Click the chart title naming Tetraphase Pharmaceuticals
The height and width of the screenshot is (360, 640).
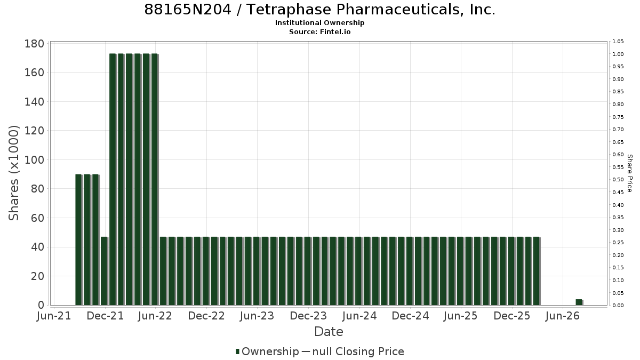click(x=319, y=10)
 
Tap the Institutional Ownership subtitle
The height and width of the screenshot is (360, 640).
click(x=319, y=23)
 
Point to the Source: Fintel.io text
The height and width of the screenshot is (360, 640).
click(x=319, y=31)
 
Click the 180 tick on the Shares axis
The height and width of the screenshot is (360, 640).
click(x=34, y=44)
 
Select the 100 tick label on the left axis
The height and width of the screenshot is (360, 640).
click(x=34, y=159)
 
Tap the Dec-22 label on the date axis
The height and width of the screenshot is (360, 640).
click(x=206, y=316)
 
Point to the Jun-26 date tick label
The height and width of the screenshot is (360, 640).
click(x=562, y=316)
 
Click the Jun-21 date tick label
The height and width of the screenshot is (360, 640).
click(x=54, y=316)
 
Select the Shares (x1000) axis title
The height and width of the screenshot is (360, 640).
click(x=13, y=173)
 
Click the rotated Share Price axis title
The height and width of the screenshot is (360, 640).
click(x=629, y=173)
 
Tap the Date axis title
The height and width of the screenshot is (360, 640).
click(x=329, y=332)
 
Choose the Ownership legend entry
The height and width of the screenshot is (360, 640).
click(x=267, y=351)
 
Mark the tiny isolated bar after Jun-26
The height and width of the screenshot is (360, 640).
click(x=579, y=302)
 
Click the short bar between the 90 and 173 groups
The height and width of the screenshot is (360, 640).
click(x=104, y=271)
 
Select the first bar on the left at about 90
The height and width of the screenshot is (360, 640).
click(x=78, y=239)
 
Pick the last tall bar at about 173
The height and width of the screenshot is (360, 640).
click(x=155, y=179)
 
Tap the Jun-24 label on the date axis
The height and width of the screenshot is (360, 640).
click(x=359, y=316)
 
